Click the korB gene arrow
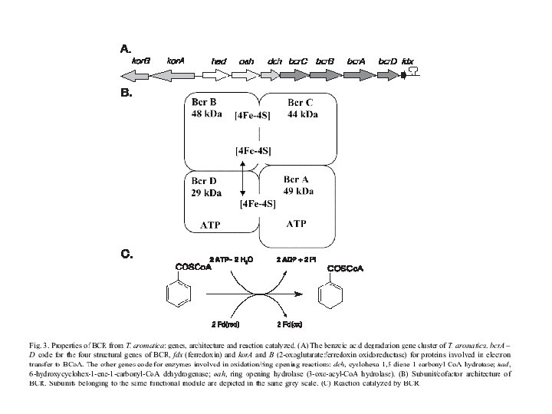point(135,75)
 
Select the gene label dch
point(274,60)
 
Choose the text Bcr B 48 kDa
point(206,108)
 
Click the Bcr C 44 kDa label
point(302,108)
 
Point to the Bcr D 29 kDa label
point(206,186)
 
